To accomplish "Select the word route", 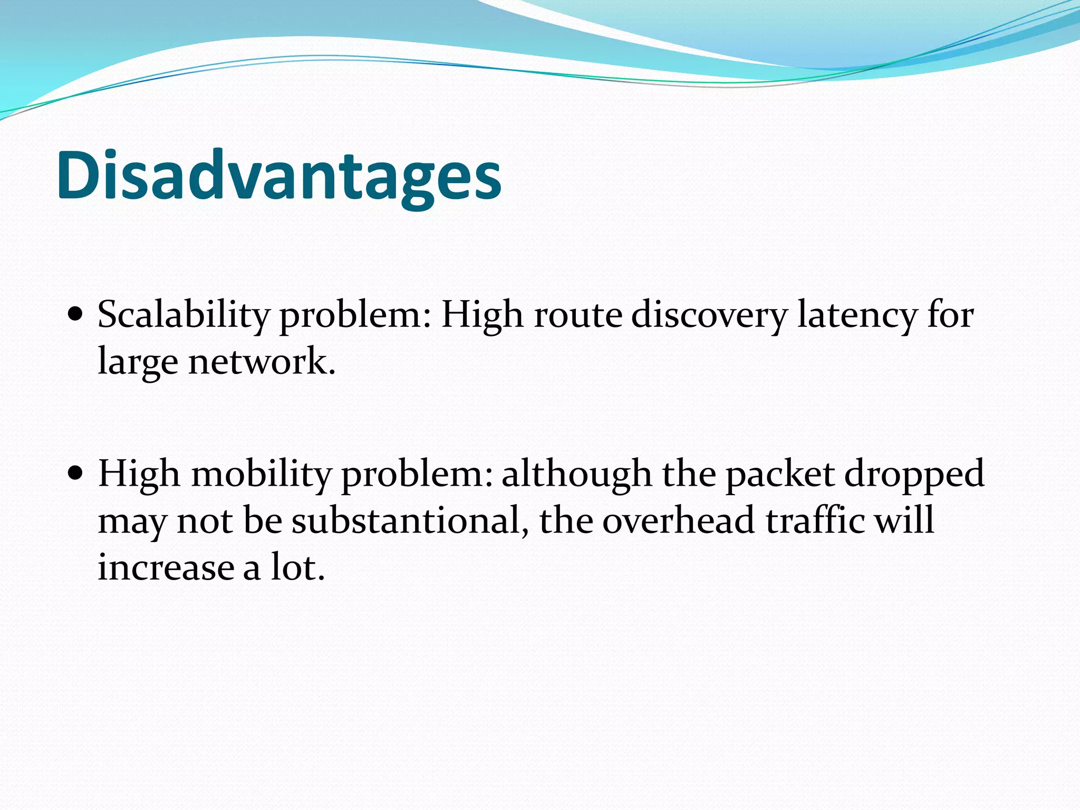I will [x=578, y=315].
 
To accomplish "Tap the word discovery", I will [x=709, y=315].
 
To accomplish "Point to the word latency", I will [x=857, y=315].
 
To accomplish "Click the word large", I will [x=138, y=362].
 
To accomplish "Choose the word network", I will [x=262, y=362].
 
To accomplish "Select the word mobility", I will [x=261, y=474].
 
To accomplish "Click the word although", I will [x=576, y=474].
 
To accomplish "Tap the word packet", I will [x=780, y=474].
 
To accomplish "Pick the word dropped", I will [x=914, y=474].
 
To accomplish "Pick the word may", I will [x=132, y=521].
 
